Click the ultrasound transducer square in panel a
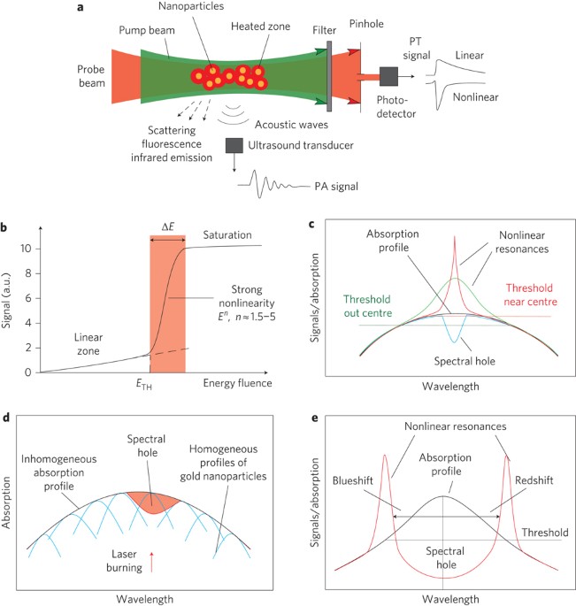tap(234, 145)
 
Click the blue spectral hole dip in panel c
tap(455, 331)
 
